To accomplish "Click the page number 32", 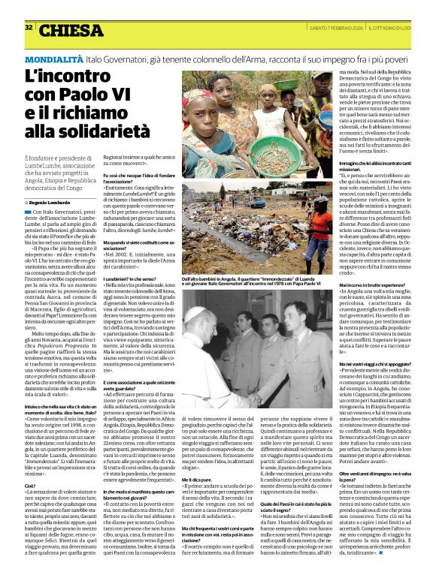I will click(x=29, y=27).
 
